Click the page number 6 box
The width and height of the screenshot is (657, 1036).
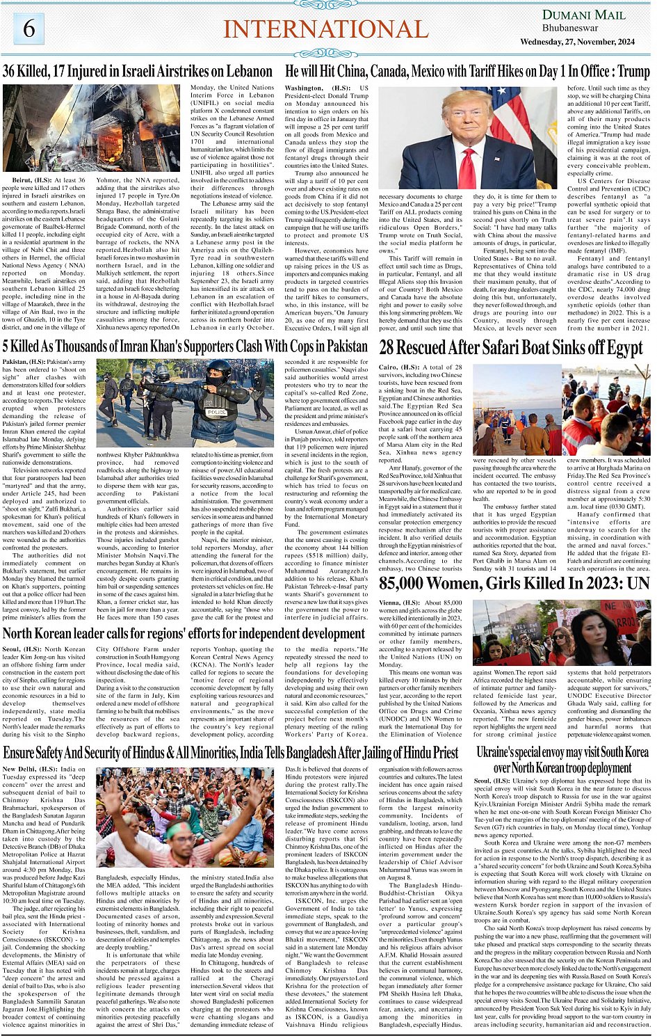tap(29, 29)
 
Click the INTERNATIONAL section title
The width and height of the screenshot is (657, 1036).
tap(325, 29)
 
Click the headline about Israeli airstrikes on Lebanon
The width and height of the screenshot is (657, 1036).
tap(138, 72)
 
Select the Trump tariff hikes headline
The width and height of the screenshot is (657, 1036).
tap(467, 72)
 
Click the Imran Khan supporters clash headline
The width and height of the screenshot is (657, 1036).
tap(185, 346)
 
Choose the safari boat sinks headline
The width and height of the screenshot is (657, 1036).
tap(511, 348)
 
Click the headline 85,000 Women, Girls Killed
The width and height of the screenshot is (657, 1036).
tap(514, 583)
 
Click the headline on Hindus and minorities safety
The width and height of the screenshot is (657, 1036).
tap(231, 753)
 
